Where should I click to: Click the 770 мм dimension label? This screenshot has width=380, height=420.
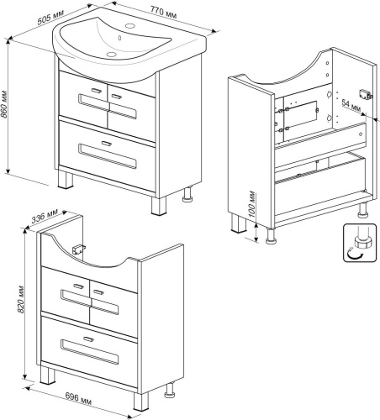(x=163, y=13)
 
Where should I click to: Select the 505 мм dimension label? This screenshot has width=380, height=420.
(x=50, y=17)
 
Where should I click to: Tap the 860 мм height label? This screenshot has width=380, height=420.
(x=4, y=104)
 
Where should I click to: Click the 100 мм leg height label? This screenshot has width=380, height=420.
(x=251, y=204)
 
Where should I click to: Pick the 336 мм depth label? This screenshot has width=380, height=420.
(x=45, y=216)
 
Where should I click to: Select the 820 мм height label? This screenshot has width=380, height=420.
(x=20, y=299)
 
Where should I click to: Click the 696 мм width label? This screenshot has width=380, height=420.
(x=78, y=399)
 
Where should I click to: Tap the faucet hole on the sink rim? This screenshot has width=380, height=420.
(x=130, y=26)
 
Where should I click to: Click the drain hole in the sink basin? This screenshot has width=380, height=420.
(x=111, y=54)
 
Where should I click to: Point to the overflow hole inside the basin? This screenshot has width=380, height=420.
(x=120, y=38)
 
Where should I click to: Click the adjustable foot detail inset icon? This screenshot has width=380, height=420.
(x=360, y=243)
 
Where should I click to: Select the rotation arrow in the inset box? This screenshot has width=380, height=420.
(x=355, y=254)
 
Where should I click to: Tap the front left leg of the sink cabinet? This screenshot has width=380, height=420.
(x=66, y=179)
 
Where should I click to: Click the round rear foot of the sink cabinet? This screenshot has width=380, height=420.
(x=187, y=195)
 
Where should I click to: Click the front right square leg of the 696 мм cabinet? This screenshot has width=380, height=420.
(x=140, y=402)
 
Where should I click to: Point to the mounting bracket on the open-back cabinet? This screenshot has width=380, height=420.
(x=366, y=93)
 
